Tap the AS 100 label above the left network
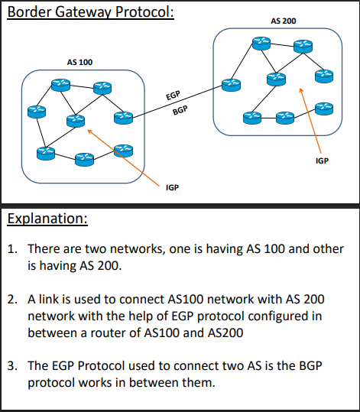[x=80, y=60]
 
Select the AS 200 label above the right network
[x=284, y=21]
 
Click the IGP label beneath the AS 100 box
[x=172, y=187]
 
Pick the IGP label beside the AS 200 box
[x=322, y=161]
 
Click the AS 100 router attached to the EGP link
[x=122, y=117]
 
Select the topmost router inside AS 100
[x=60, y=84]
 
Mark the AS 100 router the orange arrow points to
[x=75, y=120]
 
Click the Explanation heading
[x=47, y=219]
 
